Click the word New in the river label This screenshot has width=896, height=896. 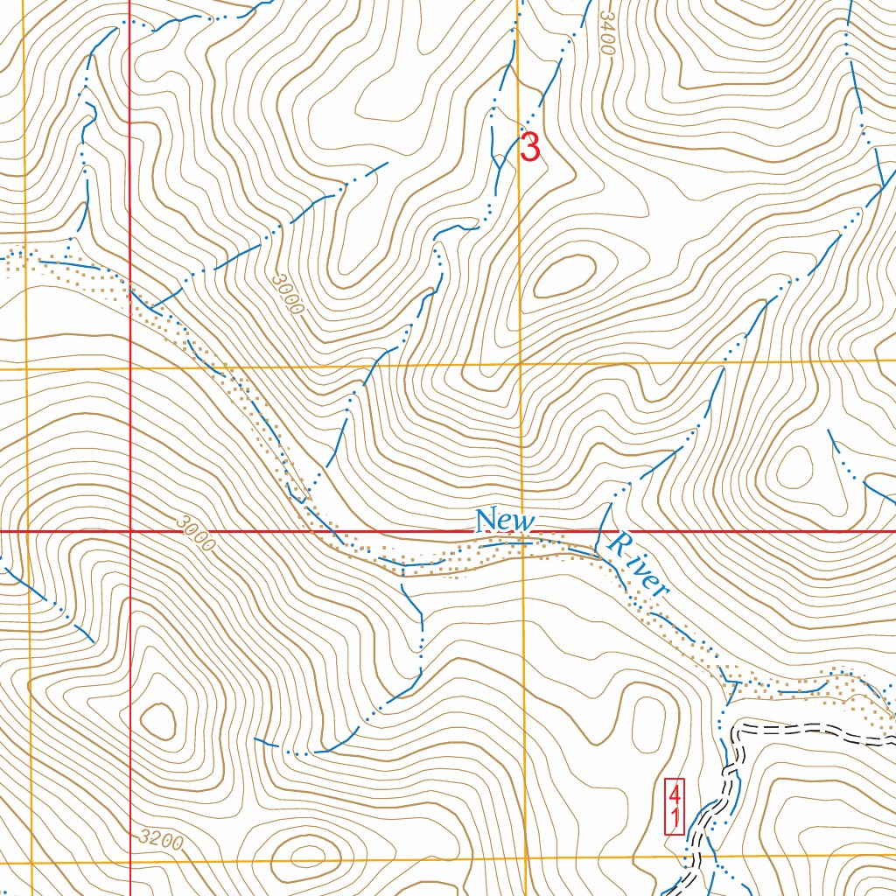coord(503,521)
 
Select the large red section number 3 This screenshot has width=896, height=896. coord(529,147)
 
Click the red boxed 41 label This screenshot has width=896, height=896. coord(674,807)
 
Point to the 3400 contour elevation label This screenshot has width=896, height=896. coord(606,33)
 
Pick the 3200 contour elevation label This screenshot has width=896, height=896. coord(161,841)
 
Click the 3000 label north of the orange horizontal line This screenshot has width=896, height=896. coord(287,295)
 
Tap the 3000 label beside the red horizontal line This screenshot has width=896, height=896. coord(194,533)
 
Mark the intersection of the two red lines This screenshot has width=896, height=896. coord(130,531)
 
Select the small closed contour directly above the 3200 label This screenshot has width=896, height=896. coord(158,720)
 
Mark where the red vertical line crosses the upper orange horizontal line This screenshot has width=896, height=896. coord(130,368)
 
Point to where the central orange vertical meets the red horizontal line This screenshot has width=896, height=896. coord(522,531)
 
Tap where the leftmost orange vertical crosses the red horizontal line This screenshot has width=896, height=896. coord(29,531)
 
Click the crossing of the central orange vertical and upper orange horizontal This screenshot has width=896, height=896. coord(521,365)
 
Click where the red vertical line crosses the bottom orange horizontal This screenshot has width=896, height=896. coord(130,862)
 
